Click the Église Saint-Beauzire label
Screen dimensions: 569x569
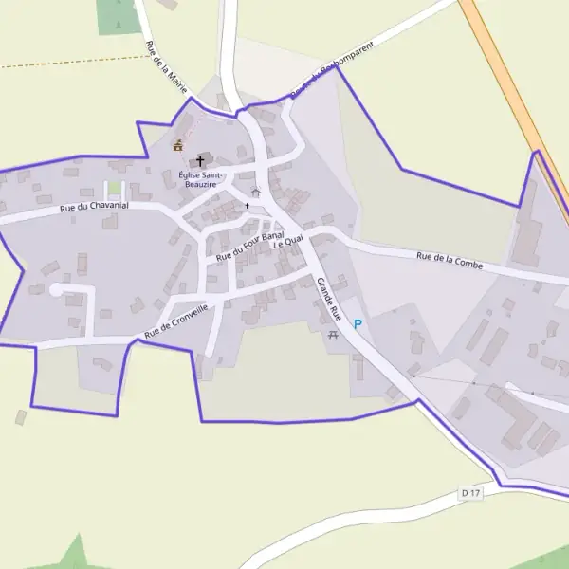click(201, 180)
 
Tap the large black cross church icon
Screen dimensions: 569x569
click(200, 161)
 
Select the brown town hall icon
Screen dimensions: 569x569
click(177, 146)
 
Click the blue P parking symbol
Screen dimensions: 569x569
click(358, 324)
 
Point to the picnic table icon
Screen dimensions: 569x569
click(333, 336)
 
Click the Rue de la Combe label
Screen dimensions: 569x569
click(450, 261)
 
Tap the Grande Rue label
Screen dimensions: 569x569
click(328, 298)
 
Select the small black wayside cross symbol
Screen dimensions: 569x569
click(247, 205)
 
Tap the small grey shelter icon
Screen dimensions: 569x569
click(255, 193)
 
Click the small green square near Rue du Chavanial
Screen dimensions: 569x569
click(114, 188)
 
